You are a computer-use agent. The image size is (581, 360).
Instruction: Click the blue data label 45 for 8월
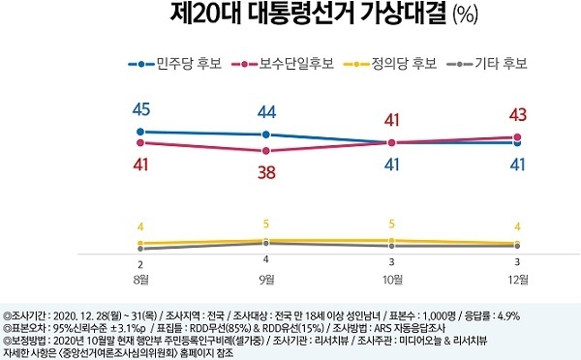[141, 109]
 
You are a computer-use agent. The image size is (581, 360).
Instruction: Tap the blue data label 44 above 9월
[267, 112]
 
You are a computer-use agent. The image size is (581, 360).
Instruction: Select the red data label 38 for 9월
[267, 172]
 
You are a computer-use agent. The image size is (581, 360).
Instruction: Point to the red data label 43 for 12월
[518, 115]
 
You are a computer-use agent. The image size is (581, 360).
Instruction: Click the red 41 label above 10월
[391, 120]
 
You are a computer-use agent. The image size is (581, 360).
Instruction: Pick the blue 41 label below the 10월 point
[391, 165]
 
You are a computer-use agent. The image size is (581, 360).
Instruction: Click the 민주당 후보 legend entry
[175, 64]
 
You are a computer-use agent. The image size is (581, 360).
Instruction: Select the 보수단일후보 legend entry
[283, 64]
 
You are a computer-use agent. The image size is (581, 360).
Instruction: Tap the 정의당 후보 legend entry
[390, 64]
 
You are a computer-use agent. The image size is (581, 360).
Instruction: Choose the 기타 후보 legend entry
[487, 64]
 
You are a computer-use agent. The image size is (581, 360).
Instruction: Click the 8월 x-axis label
[140, 280]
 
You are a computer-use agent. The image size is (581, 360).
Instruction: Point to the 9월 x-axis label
[266, 280]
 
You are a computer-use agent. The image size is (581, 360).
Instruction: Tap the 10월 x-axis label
[392, 280]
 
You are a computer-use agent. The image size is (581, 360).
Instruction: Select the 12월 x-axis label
[518, 280]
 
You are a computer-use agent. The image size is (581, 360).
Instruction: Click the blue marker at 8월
[140, 132]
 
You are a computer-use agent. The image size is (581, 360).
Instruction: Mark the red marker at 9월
[266, 151]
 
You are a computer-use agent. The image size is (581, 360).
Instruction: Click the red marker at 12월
[518, 137]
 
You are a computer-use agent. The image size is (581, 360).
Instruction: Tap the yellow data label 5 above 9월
[266, 224]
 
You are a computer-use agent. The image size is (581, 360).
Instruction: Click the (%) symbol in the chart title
[466, 15]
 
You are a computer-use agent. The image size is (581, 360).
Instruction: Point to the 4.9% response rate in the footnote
[508, 315]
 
